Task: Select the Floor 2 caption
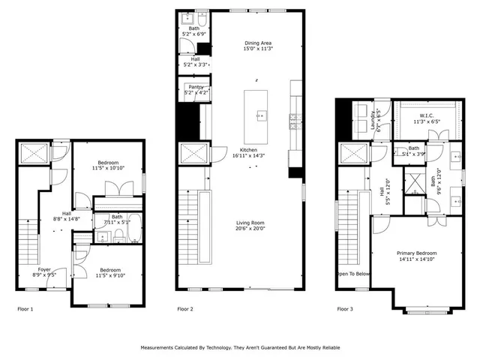tap(185, 309)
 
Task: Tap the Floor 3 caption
tap(345, 309)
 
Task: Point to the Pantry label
tap(194, 87)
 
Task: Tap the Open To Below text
tap(352, 274)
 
